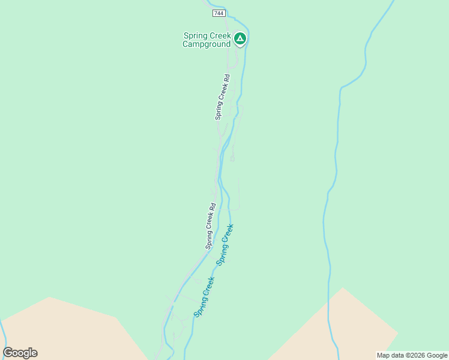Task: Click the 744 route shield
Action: click(218, 13)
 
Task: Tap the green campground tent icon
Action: click(240, 39)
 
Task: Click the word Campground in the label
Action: click(206, 44)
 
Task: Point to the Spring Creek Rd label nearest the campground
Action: click(223, 97)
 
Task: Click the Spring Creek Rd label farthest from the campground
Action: click(211, 226)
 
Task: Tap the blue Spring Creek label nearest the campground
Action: click(225, 244)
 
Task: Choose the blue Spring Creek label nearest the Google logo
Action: click(204, 296)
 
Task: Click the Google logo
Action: click(20, 353)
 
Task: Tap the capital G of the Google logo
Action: click(8, 353)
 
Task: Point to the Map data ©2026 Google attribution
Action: click(412, 355)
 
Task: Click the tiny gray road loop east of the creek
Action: click(232, 158)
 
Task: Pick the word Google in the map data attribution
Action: click(436, 355)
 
